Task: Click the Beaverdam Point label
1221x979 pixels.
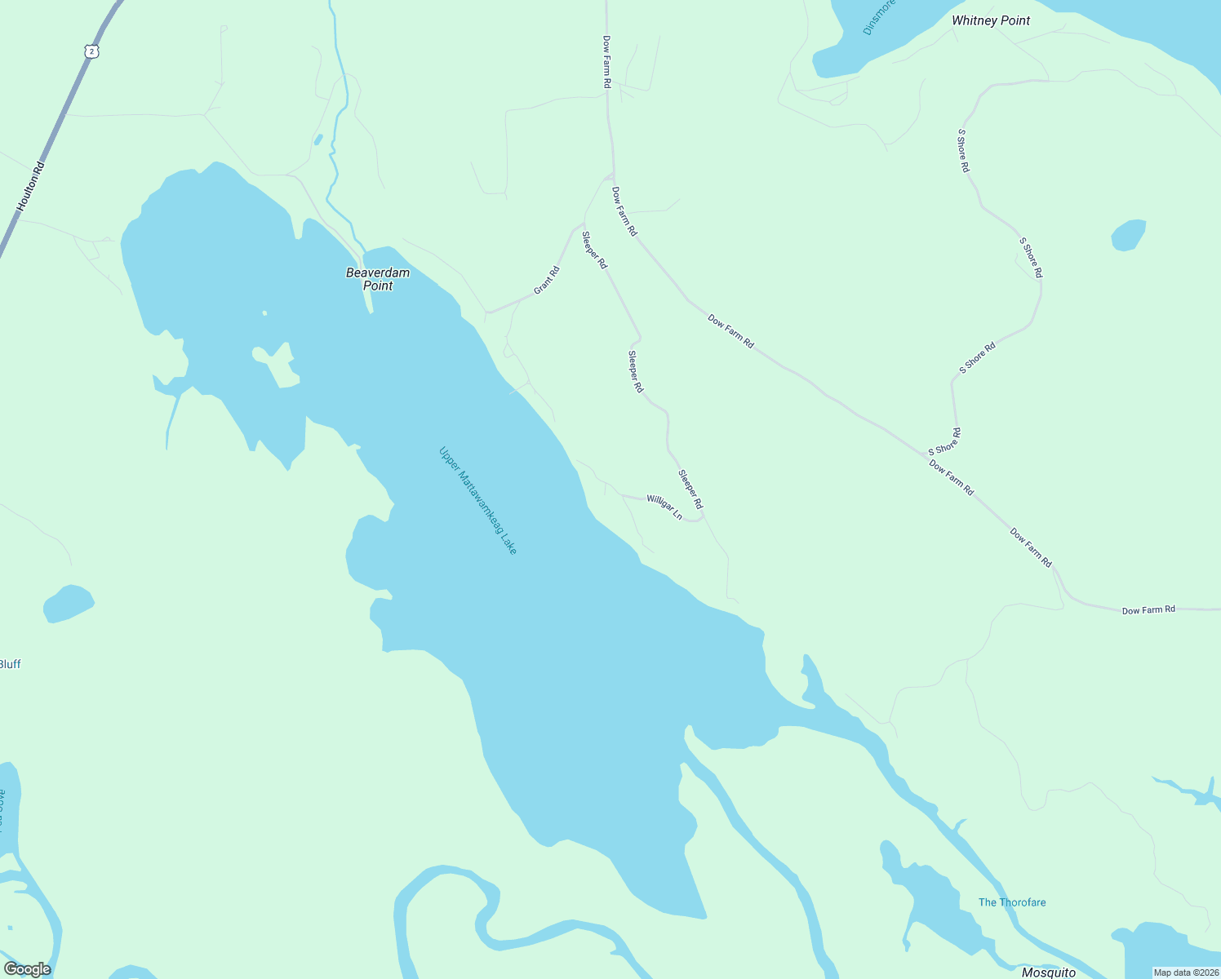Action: (378, 279)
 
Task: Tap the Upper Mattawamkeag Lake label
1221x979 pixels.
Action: (477, 500)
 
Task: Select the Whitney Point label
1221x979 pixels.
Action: (991, 20)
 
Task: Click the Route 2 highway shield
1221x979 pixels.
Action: (92, 51)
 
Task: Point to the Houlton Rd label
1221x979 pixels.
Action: (31, 187)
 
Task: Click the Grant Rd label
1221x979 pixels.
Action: (547, 280)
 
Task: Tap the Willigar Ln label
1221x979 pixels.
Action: (664, 507)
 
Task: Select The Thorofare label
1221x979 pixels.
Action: (1012, 902)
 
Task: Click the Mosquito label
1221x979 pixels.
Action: (1049, 972)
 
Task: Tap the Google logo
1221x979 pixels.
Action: (27, 969)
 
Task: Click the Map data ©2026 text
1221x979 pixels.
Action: (1185, 972)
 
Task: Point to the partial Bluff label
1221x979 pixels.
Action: (10, 664)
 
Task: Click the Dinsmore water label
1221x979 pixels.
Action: (879, 16)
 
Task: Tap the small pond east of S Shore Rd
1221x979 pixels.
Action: (1129, 235)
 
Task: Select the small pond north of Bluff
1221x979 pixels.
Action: (69, 604)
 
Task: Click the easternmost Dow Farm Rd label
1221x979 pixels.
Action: (1148, 609)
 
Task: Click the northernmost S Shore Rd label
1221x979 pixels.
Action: (964, 150)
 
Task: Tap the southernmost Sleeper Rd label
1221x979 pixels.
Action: (690, 489)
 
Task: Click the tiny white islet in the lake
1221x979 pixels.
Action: (264, 312)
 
